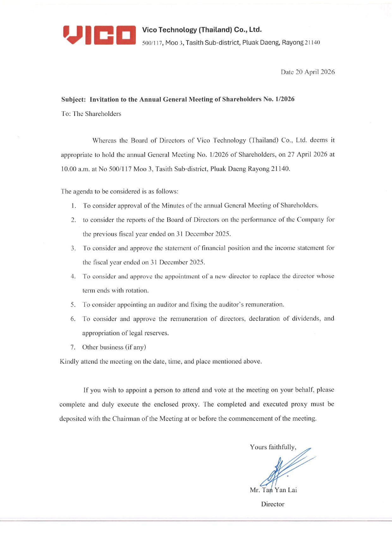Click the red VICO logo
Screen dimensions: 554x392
(99, 35)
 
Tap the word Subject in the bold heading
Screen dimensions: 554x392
(73, 99)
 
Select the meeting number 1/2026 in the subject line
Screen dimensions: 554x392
(285, 99)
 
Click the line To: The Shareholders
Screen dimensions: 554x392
(91, 114)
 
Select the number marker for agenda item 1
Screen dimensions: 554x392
(74, 206)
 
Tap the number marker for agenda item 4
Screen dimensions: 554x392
(73, 277)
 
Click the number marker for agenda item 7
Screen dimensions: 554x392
(73, 347)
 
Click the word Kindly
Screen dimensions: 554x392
(69, 361)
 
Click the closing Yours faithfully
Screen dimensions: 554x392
(273, 447)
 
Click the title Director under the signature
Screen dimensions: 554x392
(273, 504)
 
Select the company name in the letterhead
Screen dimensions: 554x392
(202, 30)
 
